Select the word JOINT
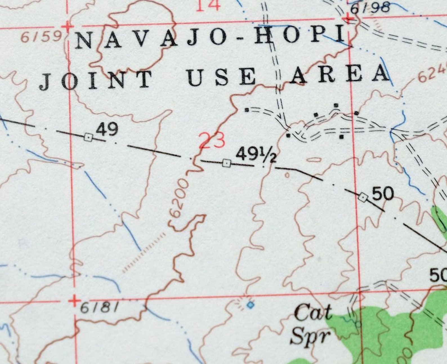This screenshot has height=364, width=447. pyautogui.click(x=96, y=80)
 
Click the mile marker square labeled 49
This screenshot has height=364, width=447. pyautogui.click(x=88, y=137)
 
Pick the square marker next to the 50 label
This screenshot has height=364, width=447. pyautogui.click(x=363, y=197)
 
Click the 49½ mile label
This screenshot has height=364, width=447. pyautogui.click(x=256, y=155)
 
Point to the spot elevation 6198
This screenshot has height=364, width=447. pyautogui.click(x=370, y=8)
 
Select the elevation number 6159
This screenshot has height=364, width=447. pyautogui.click(x=42, y=37)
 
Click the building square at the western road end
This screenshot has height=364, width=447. pyautogui.click(x=247, y=110)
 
